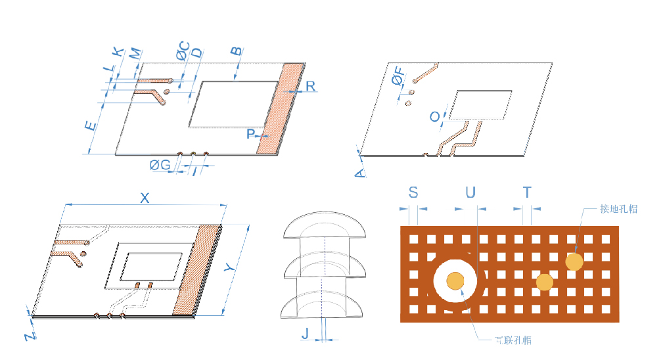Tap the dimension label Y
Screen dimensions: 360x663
tap(229, 268)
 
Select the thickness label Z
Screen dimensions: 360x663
tap(30, 336)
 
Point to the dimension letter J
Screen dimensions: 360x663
tap(305, 334)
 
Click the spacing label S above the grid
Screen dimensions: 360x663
tap(413, 192)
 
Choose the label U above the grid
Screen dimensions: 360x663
tap(470, 192)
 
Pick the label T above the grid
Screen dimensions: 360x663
tap(527, 192)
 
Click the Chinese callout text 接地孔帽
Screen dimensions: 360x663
tap(618, 209)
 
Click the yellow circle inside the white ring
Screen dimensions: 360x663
tap(455, 281)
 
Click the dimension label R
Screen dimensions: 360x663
tap(310, 86)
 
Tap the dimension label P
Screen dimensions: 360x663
tap(250, 134)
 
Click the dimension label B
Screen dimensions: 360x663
tap(236, 51)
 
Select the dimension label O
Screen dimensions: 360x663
tap(434, 117)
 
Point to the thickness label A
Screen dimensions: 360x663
tap(359, 172)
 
